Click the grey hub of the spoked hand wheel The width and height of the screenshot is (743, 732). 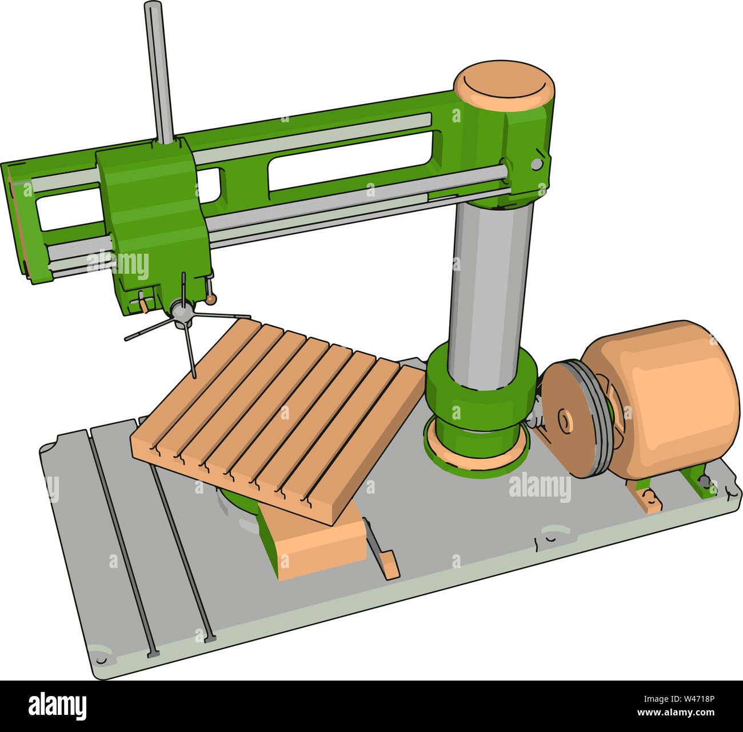(x=182, y=312)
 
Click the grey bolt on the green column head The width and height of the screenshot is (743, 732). (x=536, y=165)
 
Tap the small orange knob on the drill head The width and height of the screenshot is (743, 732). (x=211, y=299)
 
